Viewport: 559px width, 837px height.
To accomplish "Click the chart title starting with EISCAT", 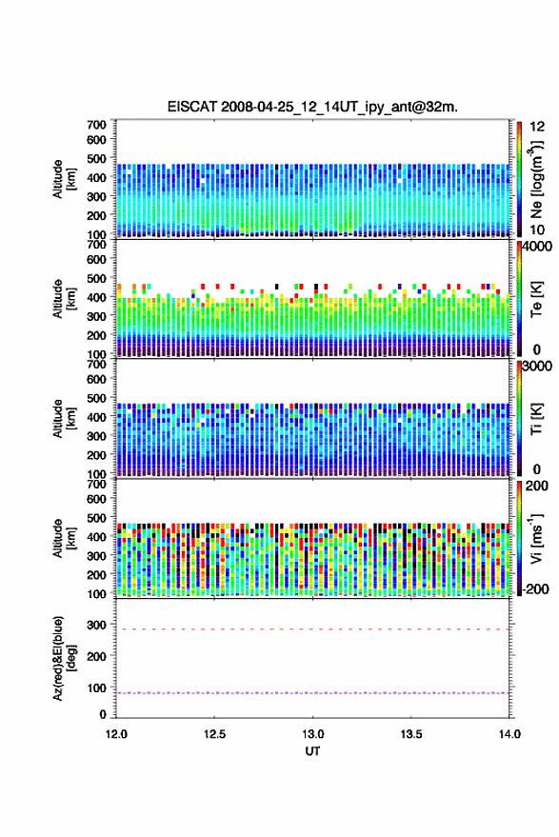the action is tap(312, 107).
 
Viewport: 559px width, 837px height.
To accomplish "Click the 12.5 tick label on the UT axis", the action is tap(214, 734).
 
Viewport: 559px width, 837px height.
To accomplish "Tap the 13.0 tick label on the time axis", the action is tap(313, 734).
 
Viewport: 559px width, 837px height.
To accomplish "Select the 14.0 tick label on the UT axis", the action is tap(509, 734).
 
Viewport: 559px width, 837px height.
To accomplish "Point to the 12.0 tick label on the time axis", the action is tap(116, 734).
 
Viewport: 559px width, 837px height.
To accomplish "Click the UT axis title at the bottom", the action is tap(312, 751).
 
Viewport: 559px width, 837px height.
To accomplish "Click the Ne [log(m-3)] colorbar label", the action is tap(535, 179).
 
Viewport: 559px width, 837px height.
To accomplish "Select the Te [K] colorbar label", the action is tap(536, 299).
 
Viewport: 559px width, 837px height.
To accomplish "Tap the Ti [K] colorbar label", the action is tap(536, 419).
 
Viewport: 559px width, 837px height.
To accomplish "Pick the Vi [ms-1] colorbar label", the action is tap(535, 538).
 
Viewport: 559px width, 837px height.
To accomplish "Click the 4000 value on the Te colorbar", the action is tap(537, 246).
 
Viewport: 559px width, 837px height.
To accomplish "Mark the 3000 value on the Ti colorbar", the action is tap(537, 367).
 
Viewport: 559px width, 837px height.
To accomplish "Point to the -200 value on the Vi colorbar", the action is tap(535, 588).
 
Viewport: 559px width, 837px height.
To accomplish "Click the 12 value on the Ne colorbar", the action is tap(537, 127).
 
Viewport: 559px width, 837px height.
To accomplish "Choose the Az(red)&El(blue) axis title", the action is tap(64, 659).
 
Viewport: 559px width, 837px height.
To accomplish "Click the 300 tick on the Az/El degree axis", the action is tap(96, 625).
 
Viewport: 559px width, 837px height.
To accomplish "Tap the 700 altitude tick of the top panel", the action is tap(96, 125).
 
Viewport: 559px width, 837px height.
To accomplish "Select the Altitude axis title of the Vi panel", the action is tap(64, 539).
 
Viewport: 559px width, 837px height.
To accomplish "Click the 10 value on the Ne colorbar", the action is tap(537, 229).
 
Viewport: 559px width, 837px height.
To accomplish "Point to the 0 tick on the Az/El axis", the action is tap(103, 714).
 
